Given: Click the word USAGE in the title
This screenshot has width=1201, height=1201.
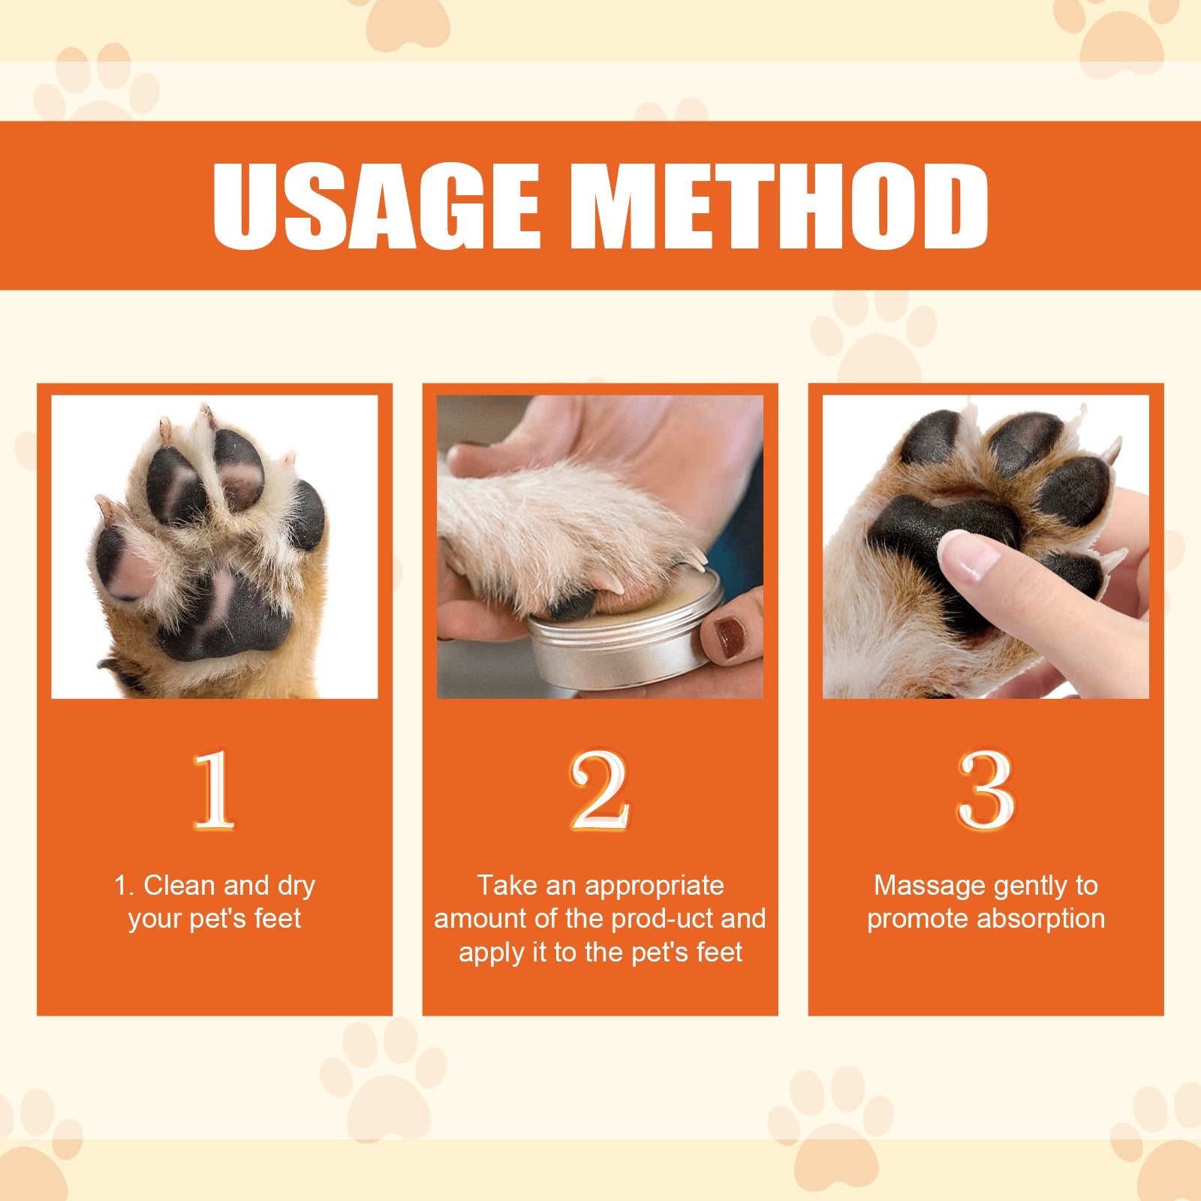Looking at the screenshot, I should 375,206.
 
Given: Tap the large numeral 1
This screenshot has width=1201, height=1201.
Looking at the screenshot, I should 215,790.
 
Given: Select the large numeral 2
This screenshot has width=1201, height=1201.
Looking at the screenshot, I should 599,790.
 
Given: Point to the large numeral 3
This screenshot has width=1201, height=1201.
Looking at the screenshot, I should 986,790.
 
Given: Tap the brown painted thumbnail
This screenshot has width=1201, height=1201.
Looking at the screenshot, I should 728,638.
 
